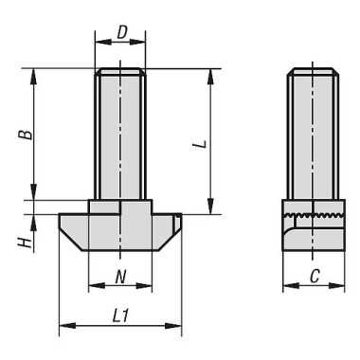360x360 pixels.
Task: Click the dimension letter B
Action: pyautogui.click(x=30, y=134)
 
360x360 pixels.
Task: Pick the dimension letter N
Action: pyautogui.click(x=120, y=277)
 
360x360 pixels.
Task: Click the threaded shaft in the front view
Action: pyautogui.click(x=120, y=133)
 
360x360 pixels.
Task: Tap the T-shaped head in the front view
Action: pyautogui.click(x=120, y=231)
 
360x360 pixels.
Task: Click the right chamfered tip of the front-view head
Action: pyautogui.click(x=172, y=227)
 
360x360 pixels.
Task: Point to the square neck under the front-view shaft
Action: pyautogui.click(x=120, y=207)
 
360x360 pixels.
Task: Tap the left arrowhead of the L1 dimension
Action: pyautogui.click(x=63, y=327)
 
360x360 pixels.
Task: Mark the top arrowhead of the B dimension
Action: pyautogui.click(x=35, y=72)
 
